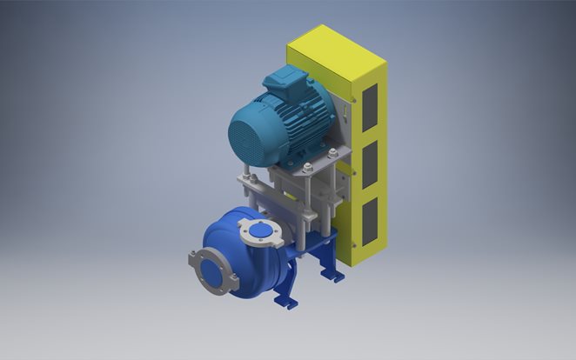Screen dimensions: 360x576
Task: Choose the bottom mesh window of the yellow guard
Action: (368, 219)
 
